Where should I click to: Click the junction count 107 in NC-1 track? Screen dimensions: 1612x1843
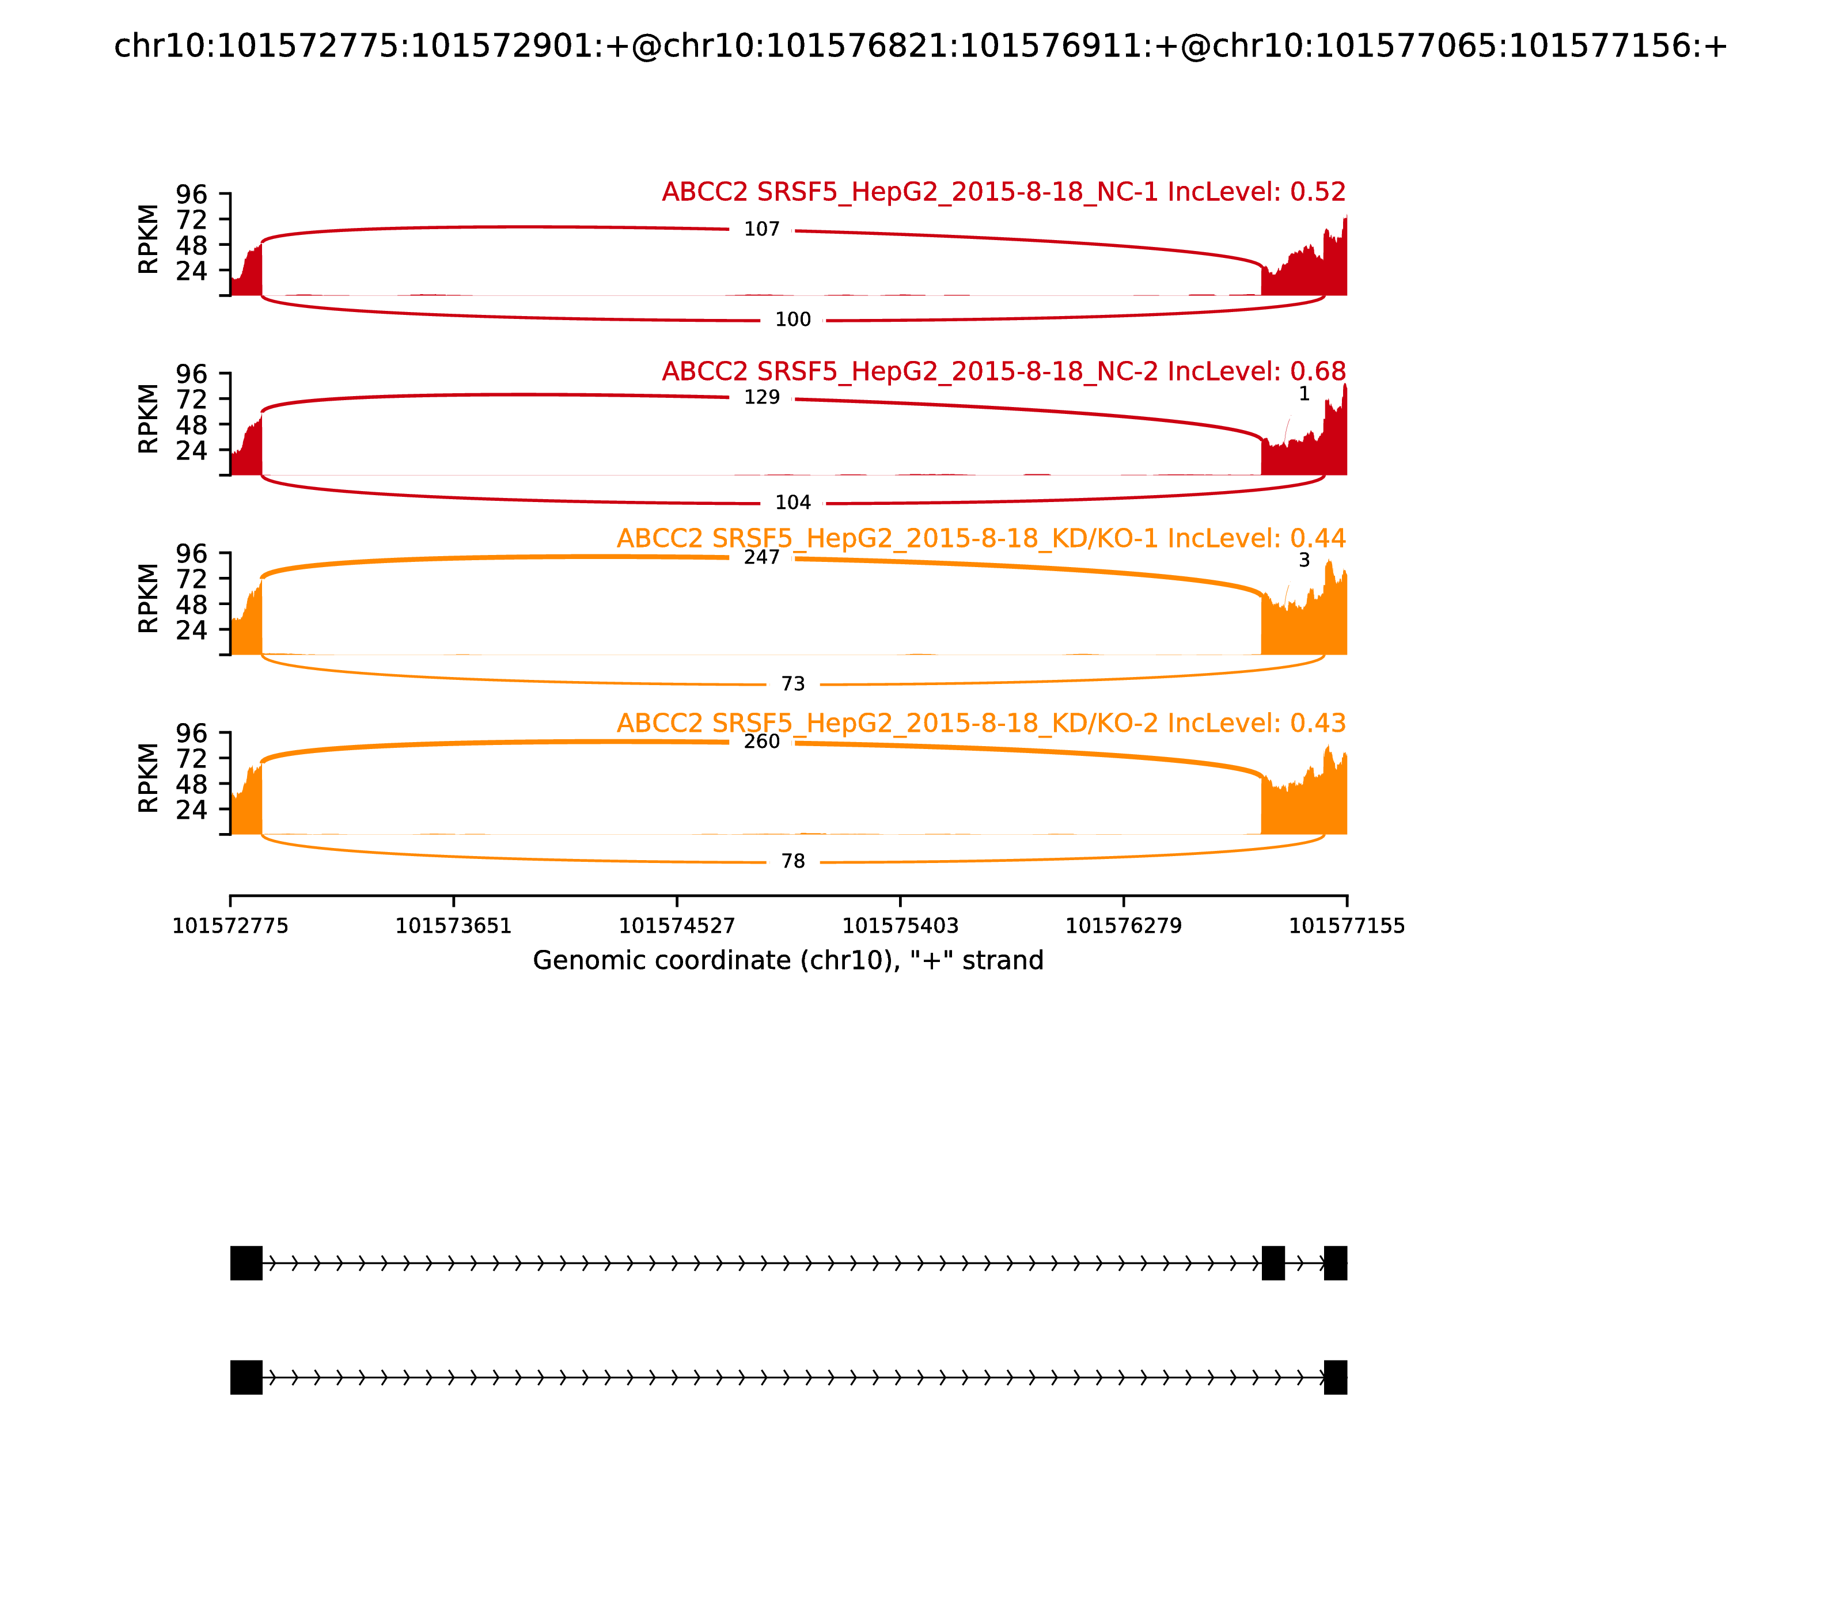[761, 229]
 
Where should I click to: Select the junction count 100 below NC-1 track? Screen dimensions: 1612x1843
[793, 320]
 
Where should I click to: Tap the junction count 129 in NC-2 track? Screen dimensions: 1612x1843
[761, 398]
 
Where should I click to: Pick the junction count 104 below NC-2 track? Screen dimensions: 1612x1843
[793, 502]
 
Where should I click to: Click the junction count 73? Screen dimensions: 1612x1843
[793, 684]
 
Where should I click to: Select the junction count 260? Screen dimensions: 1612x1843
[761, 742]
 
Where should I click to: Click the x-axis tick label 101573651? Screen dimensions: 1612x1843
[454, 926]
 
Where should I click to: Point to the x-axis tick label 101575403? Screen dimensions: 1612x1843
[900, 926]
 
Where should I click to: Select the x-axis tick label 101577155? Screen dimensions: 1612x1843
[1347, 926]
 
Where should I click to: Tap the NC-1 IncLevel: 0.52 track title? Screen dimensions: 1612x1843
[1003, 192]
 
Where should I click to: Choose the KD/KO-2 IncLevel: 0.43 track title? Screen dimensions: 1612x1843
[981, 723]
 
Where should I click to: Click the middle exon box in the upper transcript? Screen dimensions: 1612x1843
[1272, 1263]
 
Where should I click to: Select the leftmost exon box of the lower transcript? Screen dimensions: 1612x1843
[246, 1377]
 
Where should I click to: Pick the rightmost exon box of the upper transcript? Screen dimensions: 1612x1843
[1336, 1263]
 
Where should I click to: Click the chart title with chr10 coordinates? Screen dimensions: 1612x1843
[920, 46]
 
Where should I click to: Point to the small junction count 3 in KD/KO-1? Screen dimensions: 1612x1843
[1304, 560]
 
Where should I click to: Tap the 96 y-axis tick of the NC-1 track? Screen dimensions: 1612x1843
[191, 195]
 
